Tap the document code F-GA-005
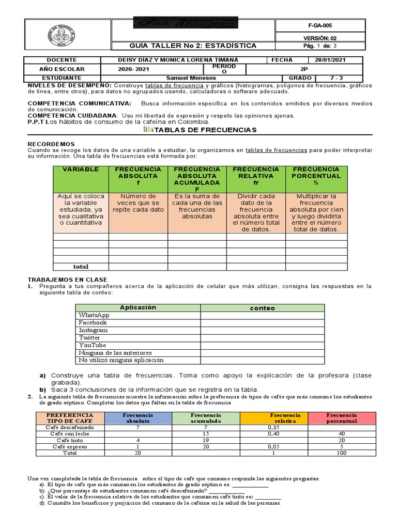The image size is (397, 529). [x=320, y=25]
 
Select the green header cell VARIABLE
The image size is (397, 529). [x=81, y=169]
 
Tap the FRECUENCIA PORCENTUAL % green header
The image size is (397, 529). [x=316, y=176]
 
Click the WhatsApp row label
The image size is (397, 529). [x=94, y=315]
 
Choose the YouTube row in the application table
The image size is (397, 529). [x=93, y=345]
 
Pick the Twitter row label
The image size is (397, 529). [x=90, y=337]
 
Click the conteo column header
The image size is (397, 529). [x=262, y=308]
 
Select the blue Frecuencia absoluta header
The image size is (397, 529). [x=138, y=418]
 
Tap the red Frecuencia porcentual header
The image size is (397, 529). [x=341, y=418]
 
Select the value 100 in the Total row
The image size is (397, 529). [x=341, y=453]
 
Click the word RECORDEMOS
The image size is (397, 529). [x=51, y=144]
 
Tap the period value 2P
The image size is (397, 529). [x=303, y=69]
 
